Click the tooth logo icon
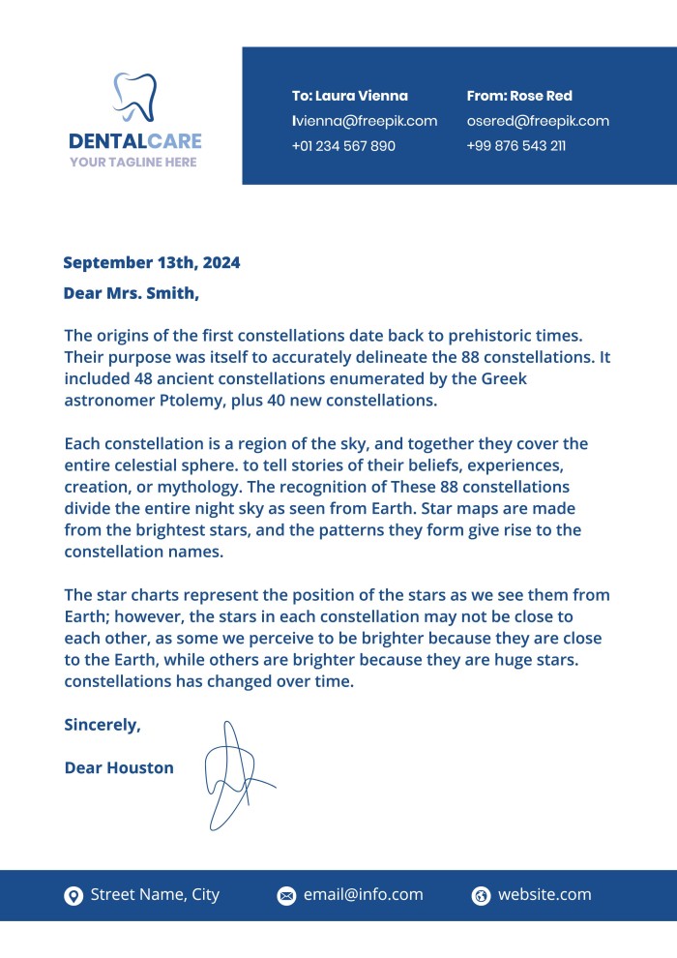[135, 97]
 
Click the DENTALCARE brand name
[135, 141]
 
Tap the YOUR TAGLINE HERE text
[132, 163]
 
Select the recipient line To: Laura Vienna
[349, 96]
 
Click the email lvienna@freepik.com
[365, 121]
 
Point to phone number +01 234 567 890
[343, 146]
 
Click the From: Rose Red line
[519, 96]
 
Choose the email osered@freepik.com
[538, 121]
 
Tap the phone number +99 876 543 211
[515, 146]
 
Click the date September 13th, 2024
[151, 262]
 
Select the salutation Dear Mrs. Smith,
[131, 292]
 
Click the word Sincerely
[102, 724]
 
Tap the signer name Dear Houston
[119, 767]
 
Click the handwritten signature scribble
[232, 774]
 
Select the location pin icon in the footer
[74, 896]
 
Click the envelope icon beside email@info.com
[286, 896]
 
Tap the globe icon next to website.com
[481, 896]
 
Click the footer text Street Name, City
[155, 895]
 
